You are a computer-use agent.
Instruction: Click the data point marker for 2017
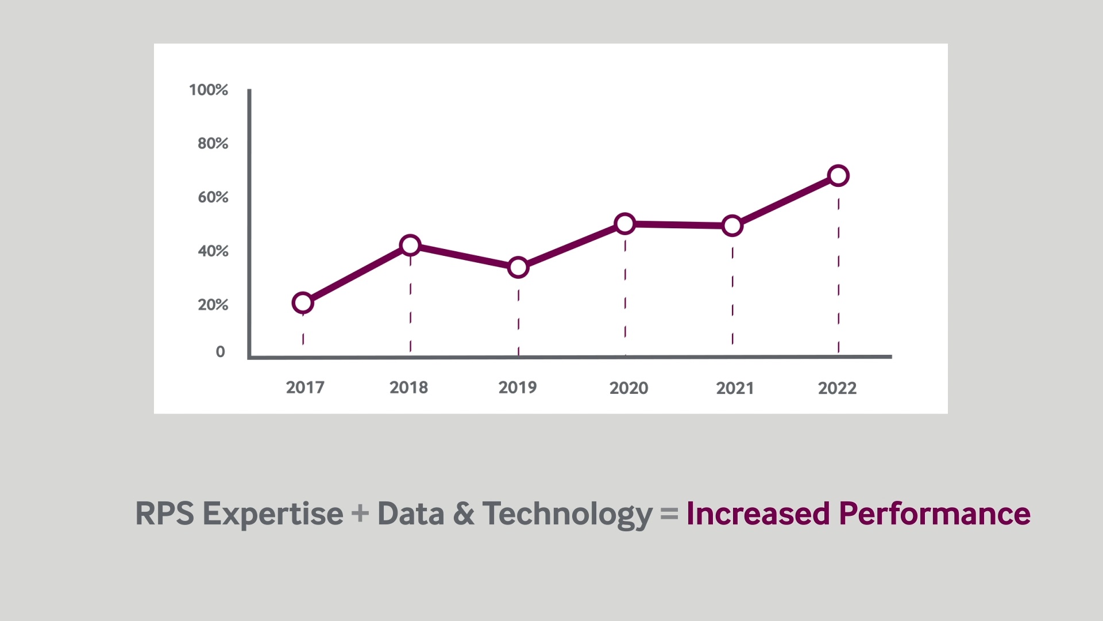click(303, 302)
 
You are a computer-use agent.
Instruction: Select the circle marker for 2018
click(410, 246)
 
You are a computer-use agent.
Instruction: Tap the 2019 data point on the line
click(518, 267)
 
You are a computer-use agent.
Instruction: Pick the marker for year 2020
click(625, 224)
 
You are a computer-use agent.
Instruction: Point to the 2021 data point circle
click(732, 226)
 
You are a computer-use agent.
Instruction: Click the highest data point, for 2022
click(839, 176)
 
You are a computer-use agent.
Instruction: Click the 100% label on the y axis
click(209, 90)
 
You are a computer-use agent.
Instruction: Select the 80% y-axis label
click(213, 143)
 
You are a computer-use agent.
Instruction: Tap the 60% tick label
click(213, 197)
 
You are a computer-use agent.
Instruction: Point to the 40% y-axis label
click(213, 251)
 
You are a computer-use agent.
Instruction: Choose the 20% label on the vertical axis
click(213, 305)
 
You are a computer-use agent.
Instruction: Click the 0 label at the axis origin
click(221, 352)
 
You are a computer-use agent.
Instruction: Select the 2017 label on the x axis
click(305, 388)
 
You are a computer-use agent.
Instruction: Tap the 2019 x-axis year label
click(518, 388)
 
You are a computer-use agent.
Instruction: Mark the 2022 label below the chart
click(837, 388)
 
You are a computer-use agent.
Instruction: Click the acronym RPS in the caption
click(165, 513)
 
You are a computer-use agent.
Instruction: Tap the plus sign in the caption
click(360, 513)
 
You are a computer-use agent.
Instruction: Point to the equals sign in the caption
click(669, 513)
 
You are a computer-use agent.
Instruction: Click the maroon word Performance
click(935, 513)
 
